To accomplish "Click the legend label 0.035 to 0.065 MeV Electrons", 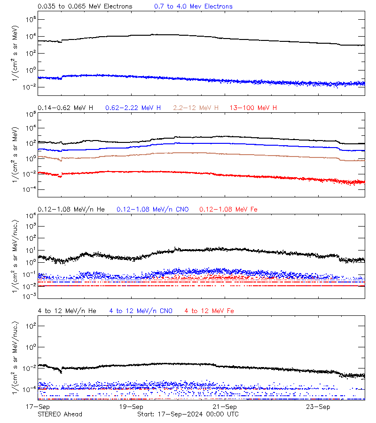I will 85,7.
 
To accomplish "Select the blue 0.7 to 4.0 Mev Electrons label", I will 193,7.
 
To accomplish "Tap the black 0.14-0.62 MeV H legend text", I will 65,108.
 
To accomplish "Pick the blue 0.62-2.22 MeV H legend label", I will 133,108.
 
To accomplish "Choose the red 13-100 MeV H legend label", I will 253,108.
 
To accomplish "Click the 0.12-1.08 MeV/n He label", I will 73,209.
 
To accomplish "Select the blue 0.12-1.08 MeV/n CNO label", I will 153,209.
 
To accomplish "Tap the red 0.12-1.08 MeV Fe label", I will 228,209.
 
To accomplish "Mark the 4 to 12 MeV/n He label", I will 67,311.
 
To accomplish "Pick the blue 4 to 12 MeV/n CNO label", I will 141,311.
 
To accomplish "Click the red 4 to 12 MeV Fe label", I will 209,311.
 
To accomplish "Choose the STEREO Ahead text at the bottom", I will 60,414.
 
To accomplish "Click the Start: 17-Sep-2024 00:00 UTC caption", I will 188,414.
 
